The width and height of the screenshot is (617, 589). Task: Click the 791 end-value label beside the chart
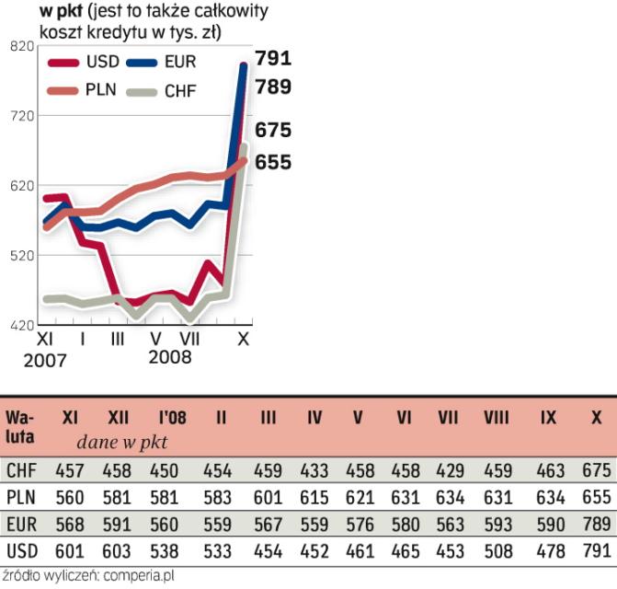click(272, 59)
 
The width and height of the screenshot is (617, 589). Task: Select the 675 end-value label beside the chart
click(272, 130)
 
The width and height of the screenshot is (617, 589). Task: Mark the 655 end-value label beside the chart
click(272, 162)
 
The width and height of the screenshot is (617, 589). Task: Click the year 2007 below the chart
click(45, 360)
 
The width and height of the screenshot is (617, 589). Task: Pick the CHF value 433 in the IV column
click(314, 470)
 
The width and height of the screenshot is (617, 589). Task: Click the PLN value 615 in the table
click(314, 498)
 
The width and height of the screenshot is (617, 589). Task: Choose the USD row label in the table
click(20, 552)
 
